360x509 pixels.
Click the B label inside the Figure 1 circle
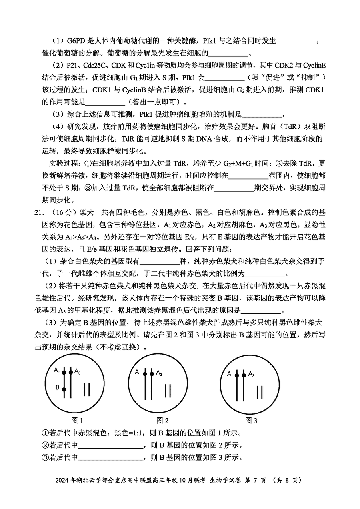pyautogui.click(x=57, y=387)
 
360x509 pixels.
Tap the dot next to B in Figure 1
pyautogui.click(x=64, y=389)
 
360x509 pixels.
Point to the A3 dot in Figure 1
pyautogui.click(x=71, y=372)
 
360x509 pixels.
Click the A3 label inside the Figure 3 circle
pyautogui.click(x=251, y=374)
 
